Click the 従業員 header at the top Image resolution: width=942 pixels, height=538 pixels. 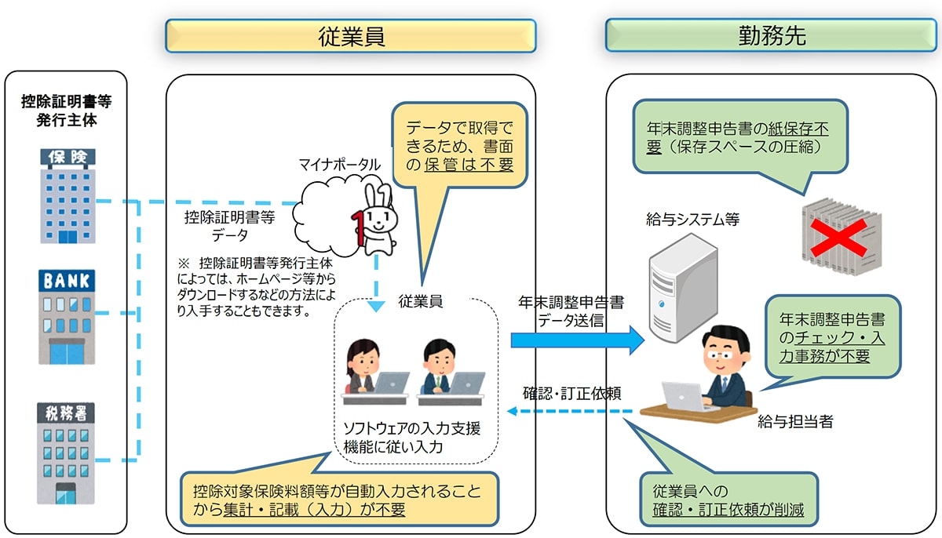(350, 36)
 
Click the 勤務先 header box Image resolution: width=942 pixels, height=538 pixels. (771, 36)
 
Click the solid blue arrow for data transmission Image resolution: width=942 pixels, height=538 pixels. (577, 340)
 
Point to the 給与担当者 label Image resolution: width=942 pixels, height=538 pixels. (794, 422)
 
